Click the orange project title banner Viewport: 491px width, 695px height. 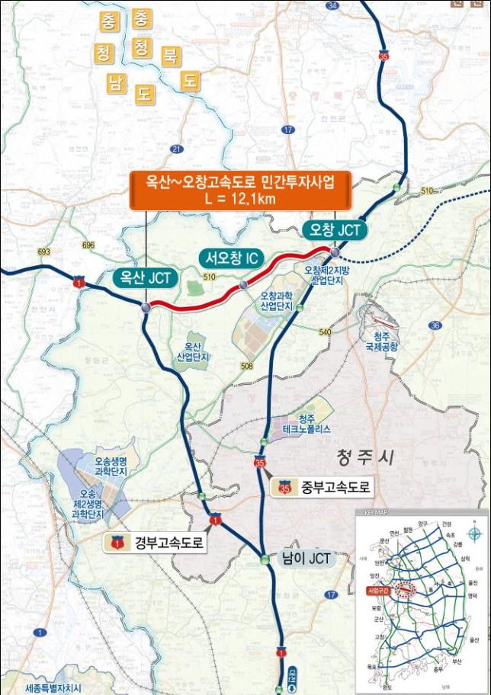point(240,190)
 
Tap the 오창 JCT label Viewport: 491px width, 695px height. point(333,229)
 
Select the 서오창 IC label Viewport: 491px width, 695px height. point(233,259)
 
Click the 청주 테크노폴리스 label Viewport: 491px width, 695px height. point(304,424)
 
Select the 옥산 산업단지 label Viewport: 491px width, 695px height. point(193,351)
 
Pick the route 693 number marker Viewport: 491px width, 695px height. point(43,251)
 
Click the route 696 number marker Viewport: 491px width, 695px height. point(88,245)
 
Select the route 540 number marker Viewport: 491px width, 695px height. point(326,332)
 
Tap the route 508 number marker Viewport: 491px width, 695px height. point(245,367)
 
